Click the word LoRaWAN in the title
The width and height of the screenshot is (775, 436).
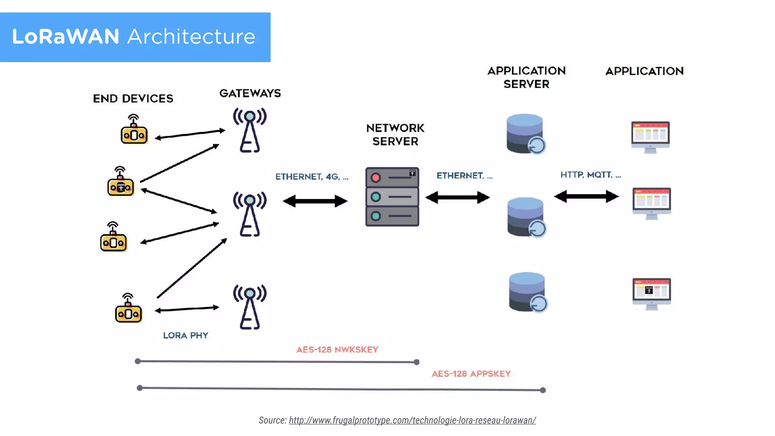click(65, 37)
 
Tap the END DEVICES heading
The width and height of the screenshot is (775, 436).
click(133, 99)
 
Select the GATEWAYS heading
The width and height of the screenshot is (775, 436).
click(250, 93)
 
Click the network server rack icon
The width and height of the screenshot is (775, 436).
click(392, 197)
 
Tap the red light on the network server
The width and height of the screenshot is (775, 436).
click(376, 178)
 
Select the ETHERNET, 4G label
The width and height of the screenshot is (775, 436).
click(312, 177)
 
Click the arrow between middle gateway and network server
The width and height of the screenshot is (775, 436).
click(315, 201)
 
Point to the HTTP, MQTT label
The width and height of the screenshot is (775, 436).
click(590, 175)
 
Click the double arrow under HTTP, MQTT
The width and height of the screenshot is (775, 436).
click(586, 196)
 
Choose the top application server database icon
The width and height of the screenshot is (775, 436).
click(525, 134)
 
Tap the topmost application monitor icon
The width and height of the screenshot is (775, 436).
click(650, 137)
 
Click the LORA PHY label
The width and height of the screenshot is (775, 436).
click(185, 336)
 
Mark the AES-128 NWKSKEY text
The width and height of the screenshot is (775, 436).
click(337, 350)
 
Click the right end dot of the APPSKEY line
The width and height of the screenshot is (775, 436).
click(543, 390)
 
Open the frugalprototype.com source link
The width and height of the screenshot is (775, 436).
click(412, 420)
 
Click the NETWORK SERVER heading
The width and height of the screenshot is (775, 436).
click(395, 135)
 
